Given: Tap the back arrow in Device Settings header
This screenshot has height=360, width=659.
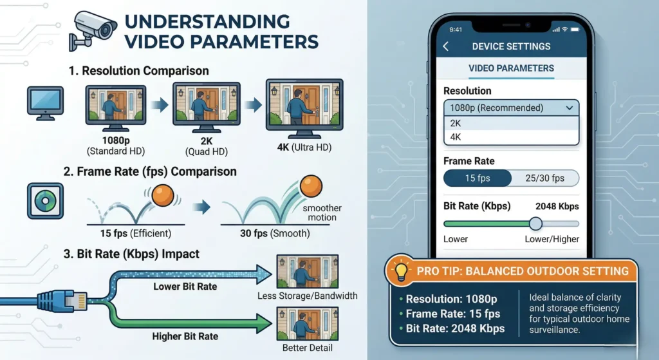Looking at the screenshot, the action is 446,46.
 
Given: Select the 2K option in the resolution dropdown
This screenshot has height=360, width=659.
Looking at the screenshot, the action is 511,123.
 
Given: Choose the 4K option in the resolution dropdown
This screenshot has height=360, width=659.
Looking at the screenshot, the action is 511,137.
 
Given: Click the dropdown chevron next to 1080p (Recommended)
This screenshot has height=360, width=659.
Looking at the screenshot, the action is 570,108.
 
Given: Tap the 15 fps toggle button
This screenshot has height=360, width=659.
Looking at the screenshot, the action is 478,178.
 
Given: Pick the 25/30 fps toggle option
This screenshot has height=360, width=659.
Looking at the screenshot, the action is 545,178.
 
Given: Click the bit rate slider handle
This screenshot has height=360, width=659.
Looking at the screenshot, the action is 535,223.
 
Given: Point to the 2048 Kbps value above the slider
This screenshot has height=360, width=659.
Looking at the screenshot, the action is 557,207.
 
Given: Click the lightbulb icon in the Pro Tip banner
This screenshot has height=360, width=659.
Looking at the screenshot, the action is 401,271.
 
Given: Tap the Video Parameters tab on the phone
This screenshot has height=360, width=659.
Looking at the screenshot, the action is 511,68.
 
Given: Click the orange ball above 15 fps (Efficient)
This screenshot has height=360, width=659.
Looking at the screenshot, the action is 163,196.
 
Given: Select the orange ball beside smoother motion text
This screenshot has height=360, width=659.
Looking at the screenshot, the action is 311,186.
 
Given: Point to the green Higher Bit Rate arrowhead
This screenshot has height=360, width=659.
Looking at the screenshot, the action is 263,324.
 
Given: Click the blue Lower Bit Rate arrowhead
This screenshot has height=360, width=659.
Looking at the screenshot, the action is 263,274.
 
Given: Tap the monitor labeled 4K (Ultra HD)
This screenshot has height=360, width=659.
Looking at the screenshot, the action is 304,108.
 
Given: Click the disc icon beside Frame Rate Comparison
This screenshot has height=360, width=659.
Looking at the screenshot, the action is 46,201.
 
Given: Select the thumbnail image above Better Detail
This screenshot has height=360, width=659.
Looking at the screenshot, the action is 307,324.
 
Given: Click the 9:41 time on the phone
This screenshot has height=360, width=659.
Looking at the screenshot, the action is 456,30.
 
